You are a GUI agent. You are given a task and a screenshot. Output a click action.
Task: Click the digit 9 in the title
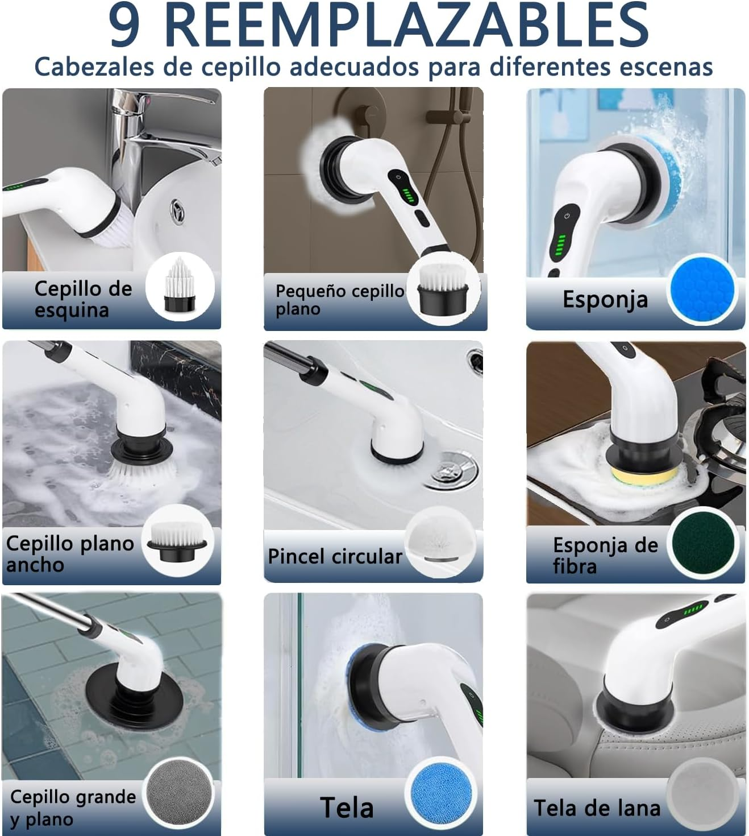(124, 26)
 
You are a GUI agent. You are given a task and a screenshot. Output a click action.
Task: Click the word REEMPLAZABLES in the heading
(407, 26)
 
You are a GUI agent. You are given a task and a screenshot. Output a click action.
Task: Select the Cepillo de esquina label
(83, 299)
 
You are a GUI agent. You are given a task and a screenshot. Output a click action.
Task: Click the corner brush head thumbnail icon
(180, 287)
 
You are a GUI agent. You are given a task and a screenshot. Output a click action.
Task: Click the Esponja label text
(605, 299)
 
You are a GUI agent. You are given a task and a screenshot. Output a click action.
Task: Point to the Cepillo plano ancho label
(69, 554)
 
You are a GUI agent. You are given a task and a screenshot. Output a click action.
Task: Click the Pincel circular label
(335, 556)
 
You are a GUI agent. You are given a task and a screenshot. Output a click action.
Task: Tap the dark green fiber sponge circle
(702, 543)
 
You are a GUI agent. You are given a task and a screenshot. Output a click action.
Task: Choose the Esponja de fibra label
(605, 555)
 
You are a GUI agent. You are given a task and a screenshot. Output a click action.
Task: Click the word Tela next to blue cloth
(346, 808)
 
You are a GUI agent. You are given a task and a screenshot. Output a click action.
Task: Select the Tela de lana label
(597, 808)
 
